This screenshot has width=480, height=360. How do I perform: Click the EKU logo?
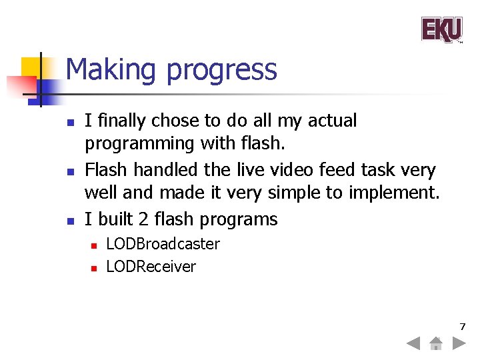[x=441, y=30]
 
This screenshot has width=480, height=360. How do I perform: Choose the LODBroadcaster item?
[x=163, y=244]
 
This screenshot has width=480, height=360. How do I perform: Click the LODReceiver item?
[x=151, y=267]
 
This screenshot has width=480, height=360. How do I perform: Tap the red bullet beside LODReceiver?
[x=94, y=267]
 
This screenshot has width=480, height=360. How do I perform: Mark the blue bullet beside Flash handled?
[x=69, y=171]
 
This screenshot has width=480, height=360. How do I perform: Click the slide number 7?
[x=462, y=327]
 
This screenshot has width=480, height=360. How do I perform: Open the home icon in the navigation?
[x=435, y=344]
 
